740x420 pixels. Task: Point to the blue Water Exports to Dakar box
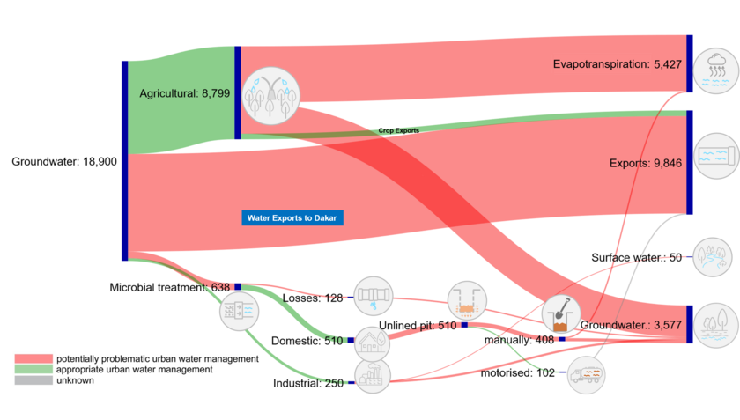pos(292,217)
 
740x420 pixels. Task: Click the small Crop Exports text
pos(399,130)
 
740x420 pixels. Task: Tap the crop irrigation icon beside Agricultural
pos(270,94)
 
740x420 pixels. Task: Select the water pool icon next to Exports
pos(715,156)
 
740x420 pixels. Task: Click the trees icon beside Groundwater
pos(715,324)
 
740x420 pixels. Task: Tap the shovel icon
pos(560,313)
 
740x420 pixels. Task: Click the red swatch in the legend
pos(33,359)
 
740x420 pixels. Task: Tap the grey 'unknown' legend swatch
pos(33,380)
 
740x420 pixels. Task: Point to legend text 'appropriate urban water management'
pos(135,370)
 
